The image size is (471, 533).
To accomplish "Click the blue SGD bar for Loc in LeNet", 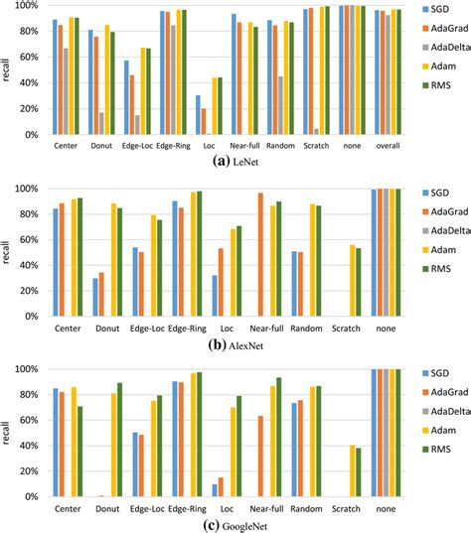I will click(x=198, y=115).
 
